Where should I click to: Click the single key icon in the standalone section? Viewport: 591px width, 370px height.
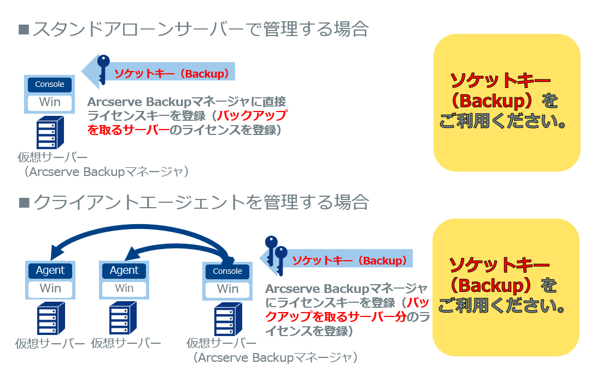(x=103, y=70)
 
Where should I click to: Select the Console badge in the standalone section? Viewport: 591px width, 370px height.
(x=50, y=84)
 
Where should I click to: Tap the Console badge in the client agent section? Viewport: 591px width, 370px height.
(x=227, y=271)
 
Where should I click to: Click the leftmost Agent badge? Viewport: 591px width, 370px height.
(x=50, y=270)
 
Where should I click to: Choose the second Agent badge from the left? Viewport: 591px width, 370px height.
(x=124, y=270)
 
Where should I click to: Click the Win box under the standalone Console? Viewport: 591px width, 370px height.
(x=50, y=102)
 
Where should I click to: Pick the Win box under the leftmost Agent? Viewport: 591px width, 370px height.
(x=50, y=289)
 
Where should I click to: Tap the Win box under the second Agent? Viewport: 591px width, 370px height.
(x=124, y=289)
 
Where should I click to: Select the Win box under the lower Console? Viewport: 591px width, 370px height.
(x=227, y=289)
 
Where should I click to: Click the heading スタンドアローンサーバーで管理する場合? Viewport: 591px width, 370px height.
(x=200, y=28)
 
